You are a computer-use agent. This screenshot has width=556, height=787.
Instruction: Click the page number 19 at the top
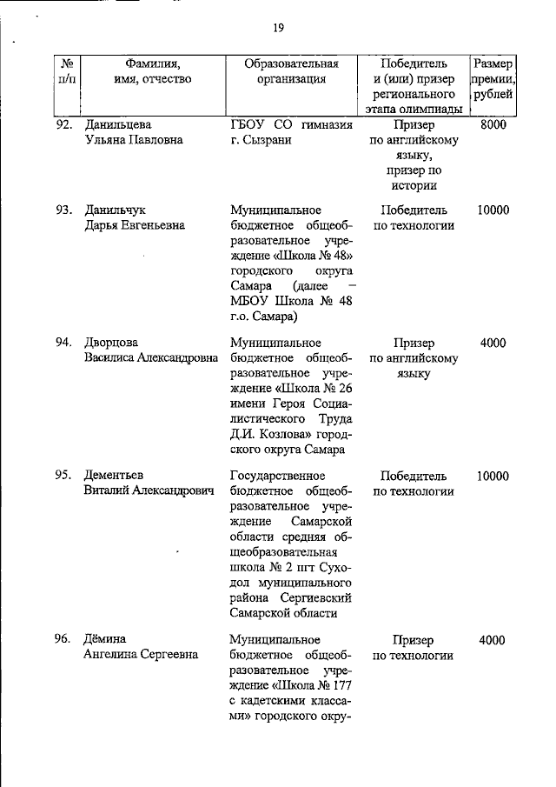click(x=279, y=28)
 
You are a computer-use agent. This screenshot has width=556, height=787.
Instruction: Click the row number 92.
click(x=63, y=125)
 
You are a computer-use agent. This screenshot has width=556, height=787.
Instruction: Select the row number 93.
click(x=63, y=210)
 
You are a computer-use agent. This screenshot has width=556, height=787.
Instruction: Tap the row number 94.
click(x=63, y=343)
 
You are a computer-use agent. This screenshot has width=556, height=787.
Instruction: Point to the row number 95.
click(x=63, y=476)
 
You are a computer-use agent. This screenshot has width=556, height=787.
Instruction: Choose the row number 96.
click(x=63, y=640)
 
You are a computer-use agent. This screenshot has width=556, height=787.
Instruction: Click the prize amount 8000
click(x=493, y=125)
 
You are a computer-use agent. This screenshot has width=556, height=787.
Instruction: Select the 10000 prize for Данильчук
click(x=493, y=210)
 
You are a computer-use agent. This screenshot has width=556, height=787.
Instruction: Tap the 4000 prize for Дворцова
click(x=493, y=343)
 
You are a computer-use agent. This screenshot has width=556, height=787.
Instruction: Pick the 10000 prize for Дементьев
click(x=493, y=476)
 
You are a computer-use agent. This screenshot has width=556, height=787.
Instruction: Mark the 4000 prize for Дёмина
click(x=493, y=640)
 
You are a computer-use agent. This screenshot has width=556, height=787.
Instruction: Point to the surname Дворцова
click(x=111, y=343)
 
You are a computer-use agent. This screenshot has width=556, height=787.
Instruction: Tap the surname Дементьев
click(x=114, y=476)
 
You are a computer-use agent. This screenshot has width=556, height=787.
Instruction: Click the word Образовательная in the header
click(x=290, y=63)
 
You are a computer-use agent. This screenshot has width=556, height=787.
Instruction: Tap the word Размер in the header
click(x=493, y=63)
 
